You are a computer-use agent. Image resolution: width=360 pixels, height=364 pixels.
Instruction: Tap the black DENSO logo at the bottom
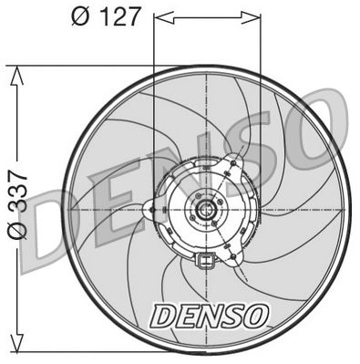[210, 315]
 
